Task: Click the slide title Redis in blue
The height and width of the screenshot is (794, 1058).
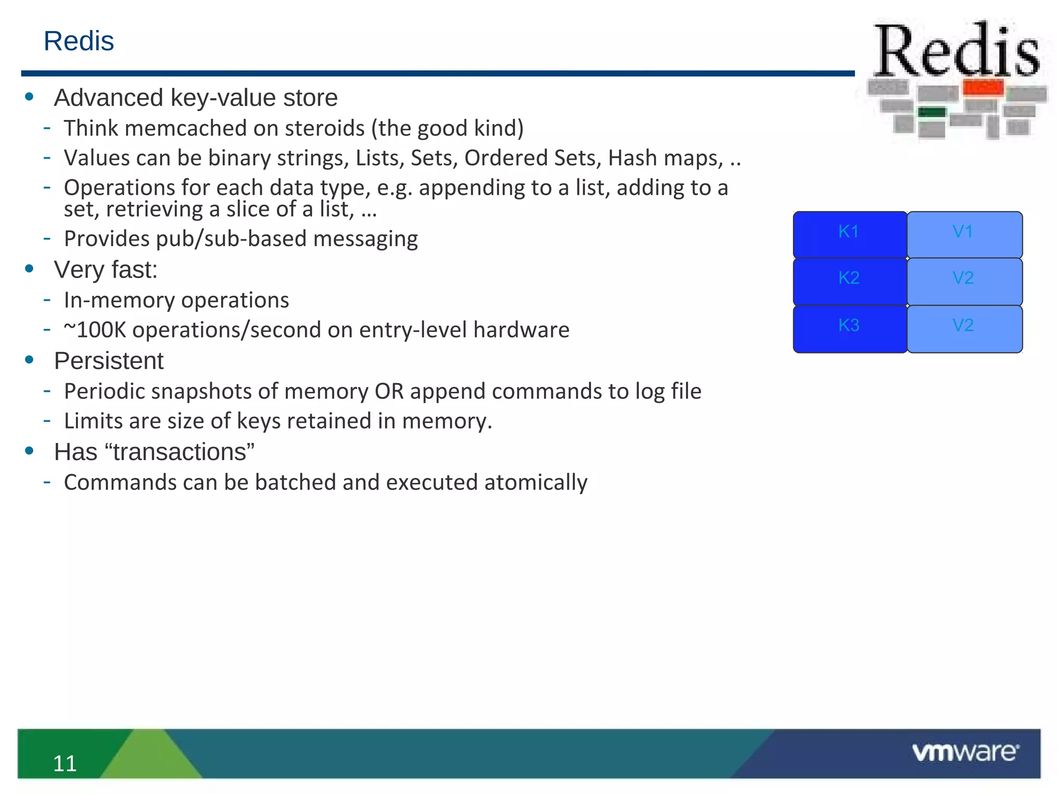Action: pyautogui.click(x=79, y=41)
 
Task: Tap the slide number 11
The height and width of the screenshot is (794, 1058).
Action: pyautogui.click(x=65, y=763)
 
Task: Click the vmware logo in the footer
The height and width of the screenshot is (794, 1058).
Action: pyautogui.click(x=965, y=752)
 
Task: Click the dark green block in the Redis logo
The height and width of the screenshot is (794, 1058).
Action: pyautogui.click(x=931, y=112)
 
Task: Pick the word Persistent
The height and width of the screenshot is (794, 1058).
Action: pyautogui.click(x=108, y=361)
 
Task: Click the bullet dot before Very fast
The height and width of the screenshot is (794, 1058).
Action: pyautogui.click(x=29, y=269)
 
